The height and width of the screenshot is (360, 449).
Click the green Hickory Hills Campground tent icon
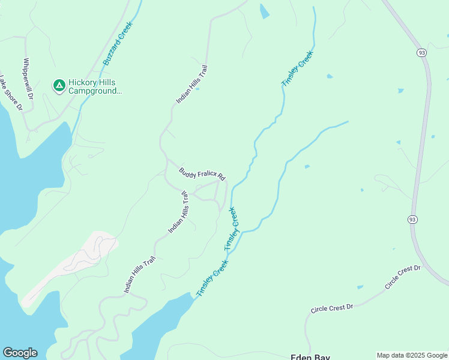[59, 86]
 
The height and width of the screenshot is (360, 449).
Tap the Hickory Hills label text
[92, 82]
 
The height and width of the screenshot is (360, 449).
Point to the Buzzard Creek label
[116, 49]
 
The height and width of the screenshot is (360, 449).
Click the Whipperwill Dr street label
[27, 78]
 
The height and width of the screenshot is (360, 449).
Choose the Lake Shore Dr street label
[11, 94]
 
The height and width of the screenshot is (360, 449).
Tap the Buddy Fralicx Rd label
[202, 173]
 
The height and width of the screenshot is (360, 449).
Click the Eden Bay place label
[310, 356]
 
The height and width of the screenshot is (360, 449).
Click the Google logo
[20, 353]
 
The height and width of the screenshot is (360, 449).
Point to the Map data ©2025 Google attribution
[412, 355]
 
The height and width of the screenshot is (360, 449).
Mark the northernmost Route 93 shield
[421, 53]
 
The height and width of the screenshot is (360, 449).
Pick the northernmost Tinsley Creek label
[298, 69]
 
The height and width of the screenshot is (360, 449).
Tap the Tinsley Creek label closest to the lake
[212, 278]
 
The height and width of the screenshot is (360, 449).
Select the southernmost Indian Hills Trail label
[140, 275]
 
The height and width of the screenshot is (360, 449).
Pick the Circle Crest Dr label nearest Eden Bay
[332, 308]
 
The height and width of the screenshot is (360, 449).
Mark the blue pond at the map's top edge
[264, 11]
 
